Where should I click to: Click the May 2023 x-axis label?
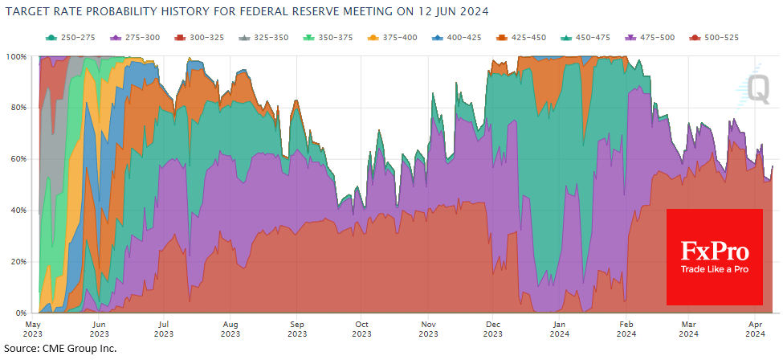[34, 329]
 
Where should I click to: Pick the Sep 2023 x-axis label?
[296, 329]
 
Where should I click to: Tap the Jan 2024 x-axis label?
[558, 329]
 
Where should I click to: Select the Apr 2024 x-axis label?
[756, 329]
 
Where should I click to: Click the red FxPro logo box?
[714, 257]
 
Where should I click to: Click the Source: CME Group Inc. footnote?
[60, 348]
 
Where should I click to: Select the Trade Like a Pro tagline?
[715, 269]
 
